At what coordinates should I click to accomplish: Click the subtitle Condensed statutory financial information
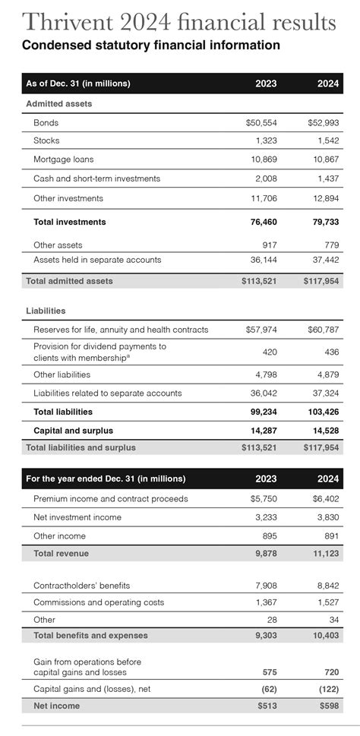pyautogui.click(x=150, y=46)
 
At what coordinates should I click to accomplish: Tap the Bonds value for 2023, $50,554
pyautogui.click(x=262, y=122)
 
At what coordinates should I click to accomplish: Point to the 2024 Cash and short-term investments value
pyautogui.click(x=326, y=178)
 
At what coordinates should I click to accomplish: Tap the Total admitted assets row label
pyautogui.click(x=69, y=281)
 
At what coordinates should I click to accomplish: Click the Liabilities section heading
pyautogui.click(x=46, y=311)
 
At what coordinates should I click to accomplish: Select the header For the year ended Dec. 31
pyautogui.click(x=106, y=479)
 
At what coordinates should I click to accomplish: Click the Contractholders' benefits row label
pyautogui.click(x=82, y=586)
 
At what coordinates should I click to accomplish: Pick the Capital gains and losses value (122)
pyautogui.click(x=328, y=689)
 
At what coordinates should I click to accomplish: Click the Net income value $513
pyautogui.click(x=267, y=706)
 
